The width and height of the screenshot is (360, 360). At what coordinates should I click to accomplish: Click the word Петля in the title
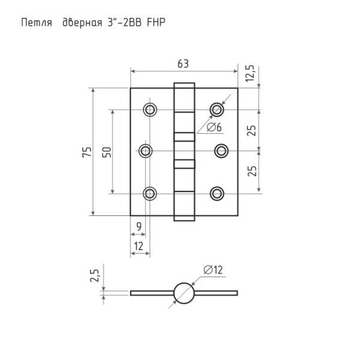click(x=37, y=23)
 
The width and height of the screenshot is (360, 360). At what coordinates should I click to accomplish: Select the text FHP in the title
click(x=156, y=23)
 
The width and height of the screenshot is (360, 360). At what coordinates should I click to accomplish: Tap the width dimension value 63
click(x=183, y=64)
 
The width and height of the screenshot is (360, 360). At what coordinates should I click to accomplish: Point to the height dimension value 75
click(x=87, y=152)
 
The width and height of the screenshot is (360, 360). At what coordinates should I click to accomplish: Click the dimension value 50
click(x=107, y=152)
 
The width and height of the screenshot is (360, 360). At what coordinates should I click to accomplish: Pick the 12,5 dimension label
click(x=250, y=73)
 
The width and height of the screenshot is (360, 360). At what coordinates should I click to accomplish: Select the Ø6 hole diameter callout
click(x=214, y=127)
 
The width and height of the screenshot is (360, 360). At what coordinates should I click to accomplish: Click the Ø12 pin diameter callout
click(x=213, y=270)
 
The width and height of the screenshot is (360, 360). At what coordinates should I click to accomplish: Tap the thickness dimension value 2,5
click(x=95, y=275)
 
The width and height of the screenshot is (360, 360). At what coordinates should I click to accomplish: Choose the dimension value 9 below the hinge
click(x=139, y=227)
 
